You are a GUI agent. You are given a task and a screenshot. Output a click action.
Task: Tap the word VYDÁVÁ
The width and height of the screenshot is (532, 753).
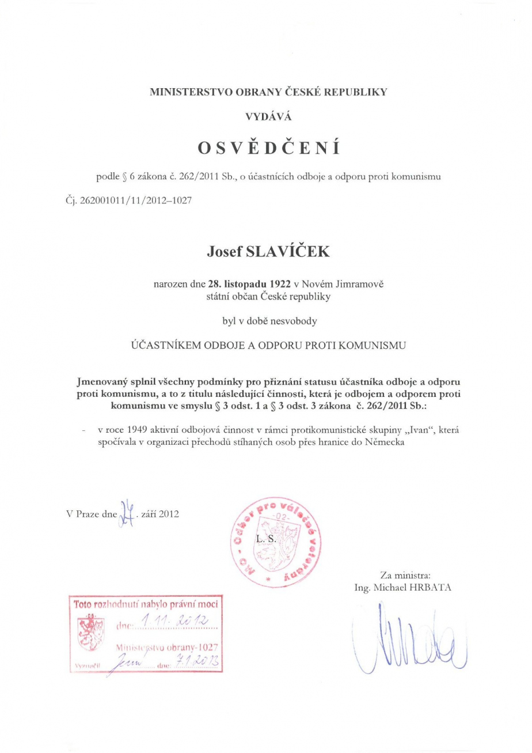tap(268, 117)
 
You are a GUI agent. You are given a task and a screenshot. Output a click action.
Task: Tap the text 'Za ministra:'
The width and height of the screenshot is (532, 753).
tap(402, 574)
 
